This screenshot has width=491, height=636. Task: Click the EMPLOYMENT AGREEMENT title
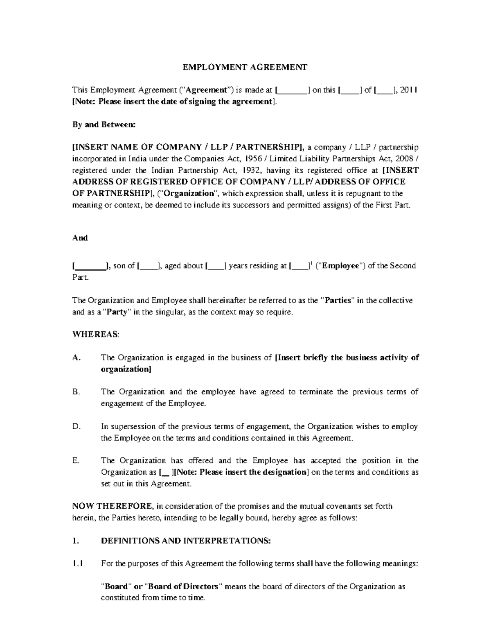point(245,67)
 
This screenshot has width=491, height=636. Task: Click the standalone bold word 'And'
point(80,238)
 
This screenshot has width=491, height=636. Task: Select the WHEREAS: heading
point(96,334)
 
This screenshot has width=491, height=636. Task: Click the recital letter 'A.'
point(76,358)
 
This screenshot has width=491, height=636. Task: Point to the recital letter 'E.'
point(76,461)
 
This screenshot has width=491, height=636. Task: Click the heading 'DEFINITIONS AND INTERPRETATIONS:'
point(186,541)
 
